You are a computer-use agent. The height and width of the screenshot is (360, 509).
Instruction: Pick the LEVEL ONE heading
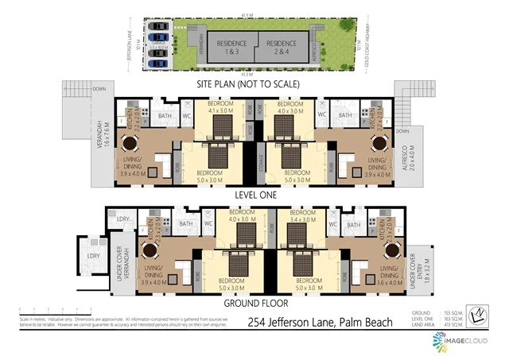[254, 192]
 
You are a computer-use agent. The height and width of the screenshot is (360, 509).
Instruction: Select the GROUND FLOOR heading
[254, 302]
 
